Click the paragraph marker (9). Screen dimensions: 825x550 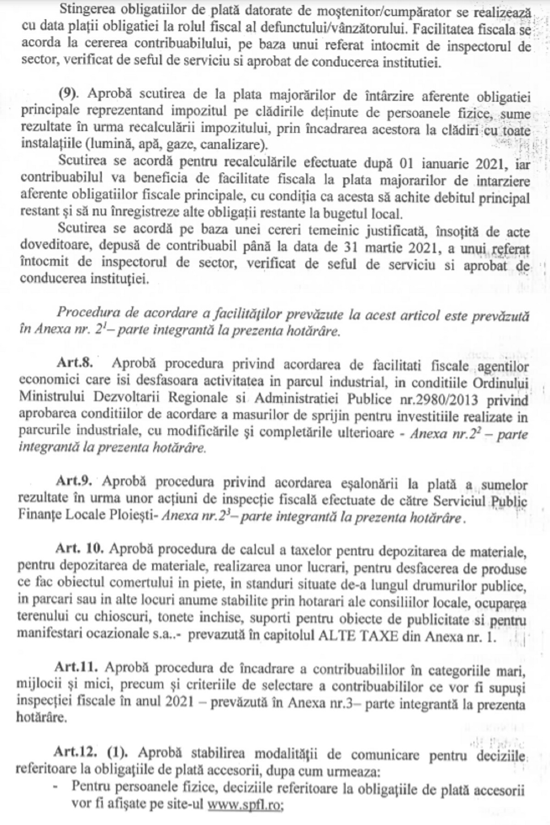69,94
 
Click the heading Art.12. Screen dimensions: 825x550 75,752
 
